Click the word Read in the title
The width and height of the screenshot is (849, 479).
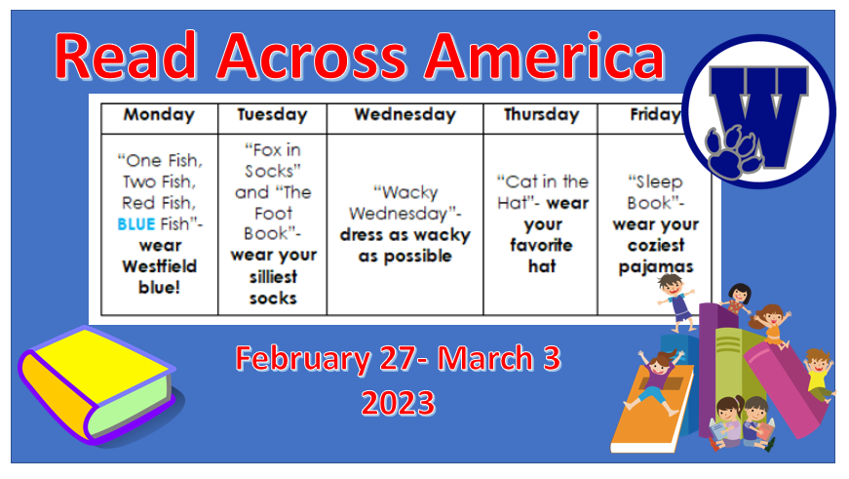(125, 56)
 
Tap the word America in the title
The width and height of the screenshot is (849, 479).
(544, 56)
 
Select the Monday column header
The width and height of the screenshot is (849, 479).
(159, 115)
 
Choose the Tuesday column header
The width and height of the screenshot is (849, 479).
(272, 115)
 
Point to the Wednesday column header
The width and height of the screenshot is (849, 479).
(405, 115)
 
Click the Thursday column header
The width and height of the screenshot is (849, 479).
(541, 115)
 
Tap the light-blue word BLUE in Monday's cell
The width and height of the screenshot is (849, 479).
(136, 223)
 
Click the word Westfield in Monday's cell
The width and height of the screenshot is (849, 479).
(160, 266)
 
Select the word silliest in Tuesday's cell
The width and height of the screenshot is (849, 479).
(274, 277)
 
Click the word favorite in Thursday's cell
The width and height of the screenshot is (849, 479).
(541, 245)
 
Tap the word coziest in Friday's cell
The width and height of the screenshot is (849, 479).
(656, 245)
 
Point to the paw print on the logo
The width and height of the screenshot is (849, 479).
(731, 152)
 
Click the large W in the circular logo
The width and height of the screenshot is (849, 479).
(760, 114)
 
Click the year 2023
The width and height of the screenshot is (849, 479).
(398, 403)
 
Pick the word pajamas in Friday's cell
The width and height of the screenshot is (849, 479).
(656, 267)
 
